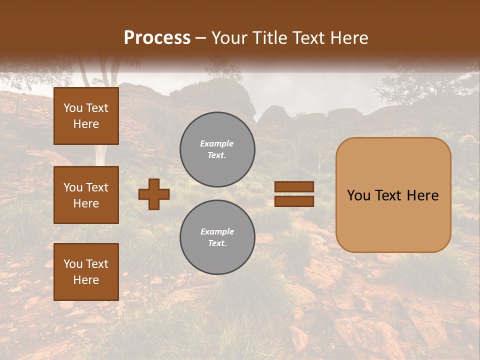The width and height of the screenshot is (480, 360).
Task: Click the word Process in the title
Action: pos(157,37)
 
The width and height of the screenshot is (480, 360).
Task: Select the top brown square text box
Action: pos(86,116)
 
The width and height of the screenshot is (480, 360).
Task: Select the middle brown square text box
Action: pos(86,195)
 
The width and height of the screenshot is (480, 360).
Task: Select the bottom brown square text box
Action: pos(86,272)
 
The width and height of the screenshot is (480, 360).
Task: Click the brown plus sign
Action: pos(154,194)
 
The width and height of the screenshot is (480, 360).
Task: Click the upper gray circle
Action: pos(217,149)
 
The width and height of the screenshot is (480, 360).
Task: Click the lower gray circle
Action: pos(217,237)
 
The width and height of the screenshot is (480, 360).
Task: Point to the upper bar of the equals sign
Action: pos(294,187)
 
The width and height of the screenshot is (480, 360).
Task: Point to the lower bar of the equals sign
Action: pos(294,201)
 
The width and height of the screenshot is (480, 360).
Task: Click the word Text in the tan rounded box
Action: pos(393,195)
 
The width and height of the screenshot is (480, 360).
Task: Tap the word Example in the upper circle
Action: pos(217,143)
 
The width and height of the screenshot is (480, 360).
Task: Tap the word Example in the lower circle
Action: pos(217,231)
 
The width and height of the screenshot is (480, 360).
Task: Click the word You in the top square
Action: pos(73,108)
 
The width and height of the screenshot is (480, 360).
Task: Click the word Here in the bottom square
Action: pos(86,280)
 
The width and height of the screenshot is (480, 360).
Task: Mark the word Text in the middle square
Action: pos(96,187)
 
